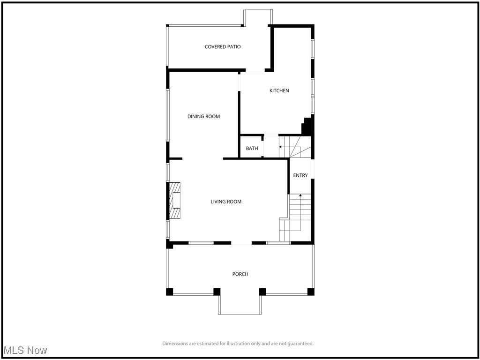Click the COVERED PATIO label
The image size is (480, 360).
pyautogui.click(x=223, y=47)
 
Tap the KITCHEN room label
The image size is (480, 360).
pyautogui.click(x=279, y=90)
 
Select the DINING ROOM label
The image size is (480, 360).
pyautogui.click(x=203, y=117)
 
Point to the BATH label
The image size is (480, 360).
pyautogui.click(x=252, y=149)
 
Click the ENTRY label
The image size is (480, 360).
pyautogui.click(x=300, y=176)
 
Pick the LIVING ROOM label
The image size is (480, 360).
pyautogui.click(x=226, y=202)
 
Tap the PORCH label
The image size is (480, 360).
pyautogui.click(x=240, y=274)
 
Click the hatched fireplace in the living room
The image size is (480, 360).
pyautogui.click(x=175, y=201)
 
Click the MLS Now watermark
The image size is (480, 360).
pyautogui.click(x=25, y=350)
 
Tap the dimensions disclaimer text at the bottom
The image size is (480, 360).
pyautogui.click(x=238, y=344)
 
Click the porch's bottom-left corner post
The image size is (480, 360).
pyautogui.click(x=169, y=292)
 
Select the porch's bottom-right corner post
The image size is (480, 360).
pyautogui.click(x=311, y=292)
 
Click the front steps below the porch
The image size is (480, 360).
pyautogui.click(x=240, y=305)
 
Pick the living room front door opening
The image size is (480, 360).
pyautogui.click(x=241, y=243)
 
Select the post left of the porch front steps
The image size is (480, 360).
pyautogui.click(x=217, y=292)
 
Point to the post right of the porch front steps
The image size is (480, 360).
pyautogui.click(x=262, y=292)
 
